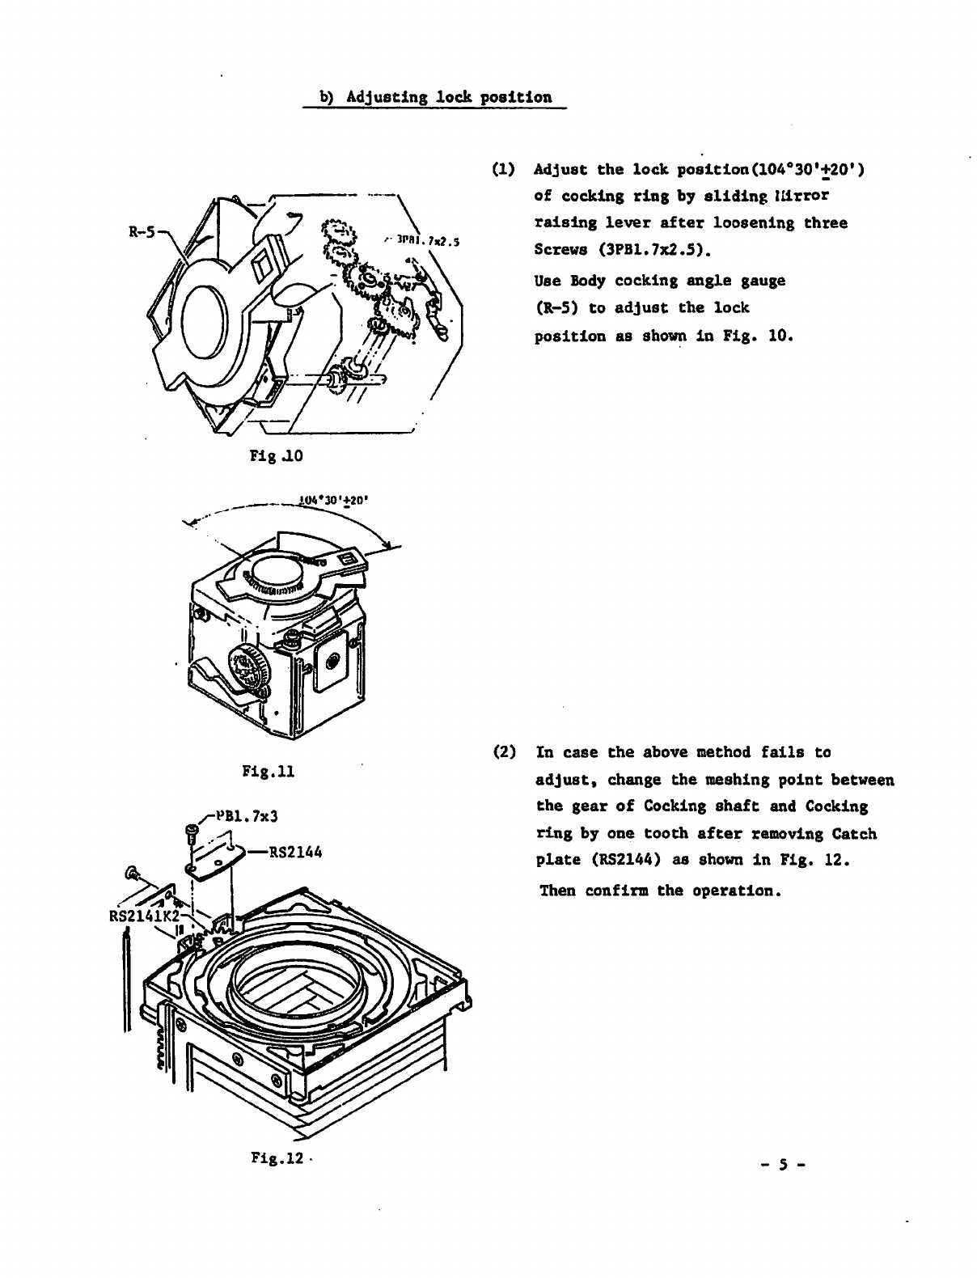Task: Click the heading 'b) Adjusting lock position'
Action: (x=436, y=98)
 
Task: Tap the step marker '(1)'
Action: (x=502, y=170)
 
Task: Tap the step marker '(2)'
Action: (x=503, y=752)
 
